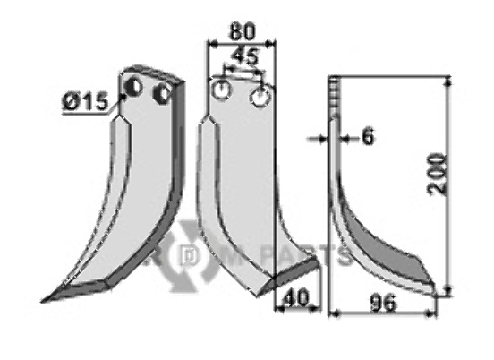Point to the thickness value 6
click(367, 138)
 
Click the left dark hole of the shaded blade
click(133, 88)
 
